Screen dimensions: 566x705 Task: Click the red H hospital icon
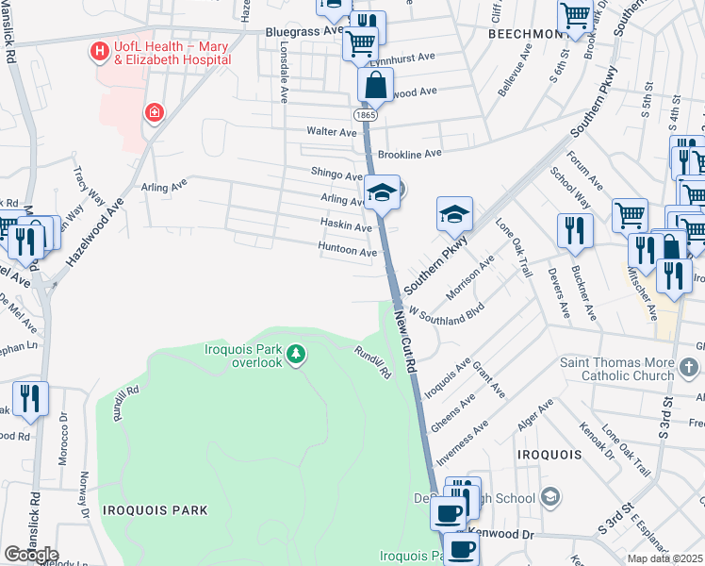pyautogui.click(x=97, y=51)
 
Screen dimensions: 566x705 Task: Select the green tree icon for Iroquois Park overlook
pyautogui.click(x=297, y=355)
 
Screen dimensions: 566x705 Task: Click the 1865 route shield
pyautogui.click(x=368, y=114)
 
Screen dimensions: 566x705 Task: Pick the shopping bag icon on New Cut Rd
pyautogui.click(x=375, y=85)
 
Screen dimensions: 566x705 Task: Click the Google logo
pyautogui.click(x=30, y=555)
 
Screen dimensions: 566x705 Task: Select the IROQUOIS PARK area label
pyautogui.click(x=155, y=509)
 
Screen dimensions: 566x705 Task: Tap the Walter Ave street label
pyautogui.click(x=329, y=132)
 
